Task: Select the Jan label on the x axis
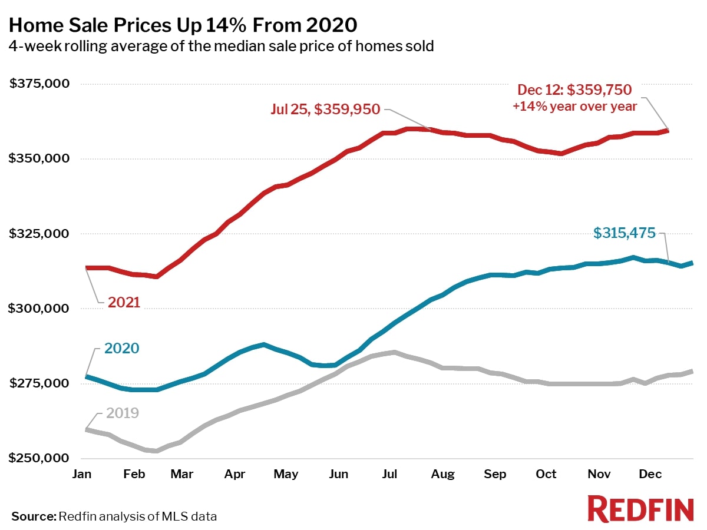tap(86, 474)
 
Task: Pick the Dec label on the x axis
tap(650, 474)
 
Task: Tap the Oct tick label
tap(546, 474)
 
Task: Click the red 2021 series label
tap(124, 303)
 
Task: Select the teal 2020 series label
tap(122, 348)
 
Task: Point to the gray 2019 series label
tap(122, 413)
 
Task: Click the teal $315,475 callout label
tap(624, 233)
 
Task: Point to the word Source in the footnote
tap(33, 516)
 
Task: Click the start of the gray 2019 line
tap(87, 430)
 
